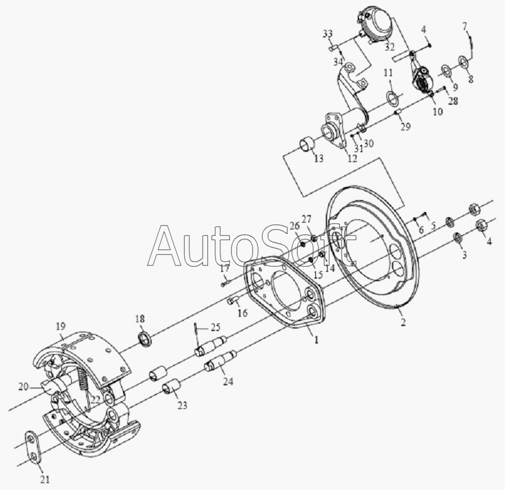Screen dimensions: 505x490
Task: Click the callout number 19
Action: (61, 326)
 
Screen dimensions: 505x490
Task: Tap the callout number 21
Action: (45, 479)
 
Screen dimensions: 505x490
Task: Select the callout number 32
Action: (390, 47)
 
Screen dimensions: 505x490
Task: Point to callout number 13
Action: (318, 158)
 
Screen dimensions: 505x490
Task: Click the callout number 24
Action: (228, 382)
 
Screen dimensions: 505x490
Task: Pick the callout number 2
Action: (403, 322)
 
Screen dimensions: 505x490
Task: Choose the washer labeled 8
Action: (463, 62)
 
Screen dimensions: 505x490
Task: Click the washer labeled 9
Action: (446, 71)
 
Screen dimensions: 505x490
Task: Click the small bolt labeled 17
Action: (226, 283)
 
